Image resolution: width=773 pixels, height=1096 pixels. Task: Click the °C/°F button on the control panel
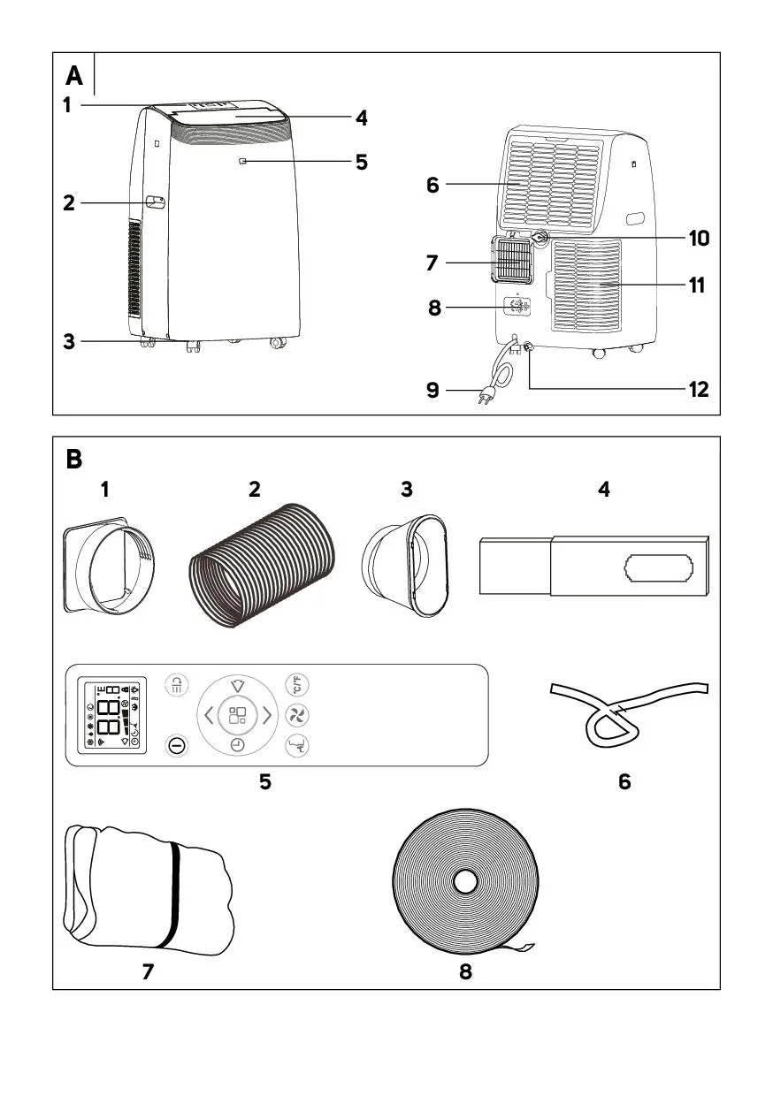(295, 684)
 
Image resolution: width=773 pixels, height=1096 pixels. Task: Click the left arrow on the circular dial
(208, 714)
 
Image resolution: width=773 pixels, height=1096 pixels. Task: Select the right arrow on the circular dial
(266, 714)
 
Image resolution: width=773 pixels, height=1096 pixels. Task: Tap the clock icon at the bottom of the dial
(237, 745)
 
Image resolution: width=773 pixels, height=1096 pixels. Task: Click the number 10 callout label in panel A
(699, 238)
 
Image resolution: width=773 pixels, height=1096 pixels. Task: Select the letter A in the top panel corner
(74, 77)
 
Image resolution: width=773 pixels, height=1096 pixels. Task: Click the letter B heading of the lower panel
(74, 460)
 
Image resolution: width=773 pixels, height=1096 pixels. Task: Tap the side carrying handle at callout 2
(156, 202)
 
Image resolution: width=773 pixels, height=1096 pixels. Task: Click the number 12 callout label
(699, 389)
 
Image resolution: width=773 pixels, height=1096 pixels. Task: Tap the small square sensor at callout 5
(242, 161)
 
